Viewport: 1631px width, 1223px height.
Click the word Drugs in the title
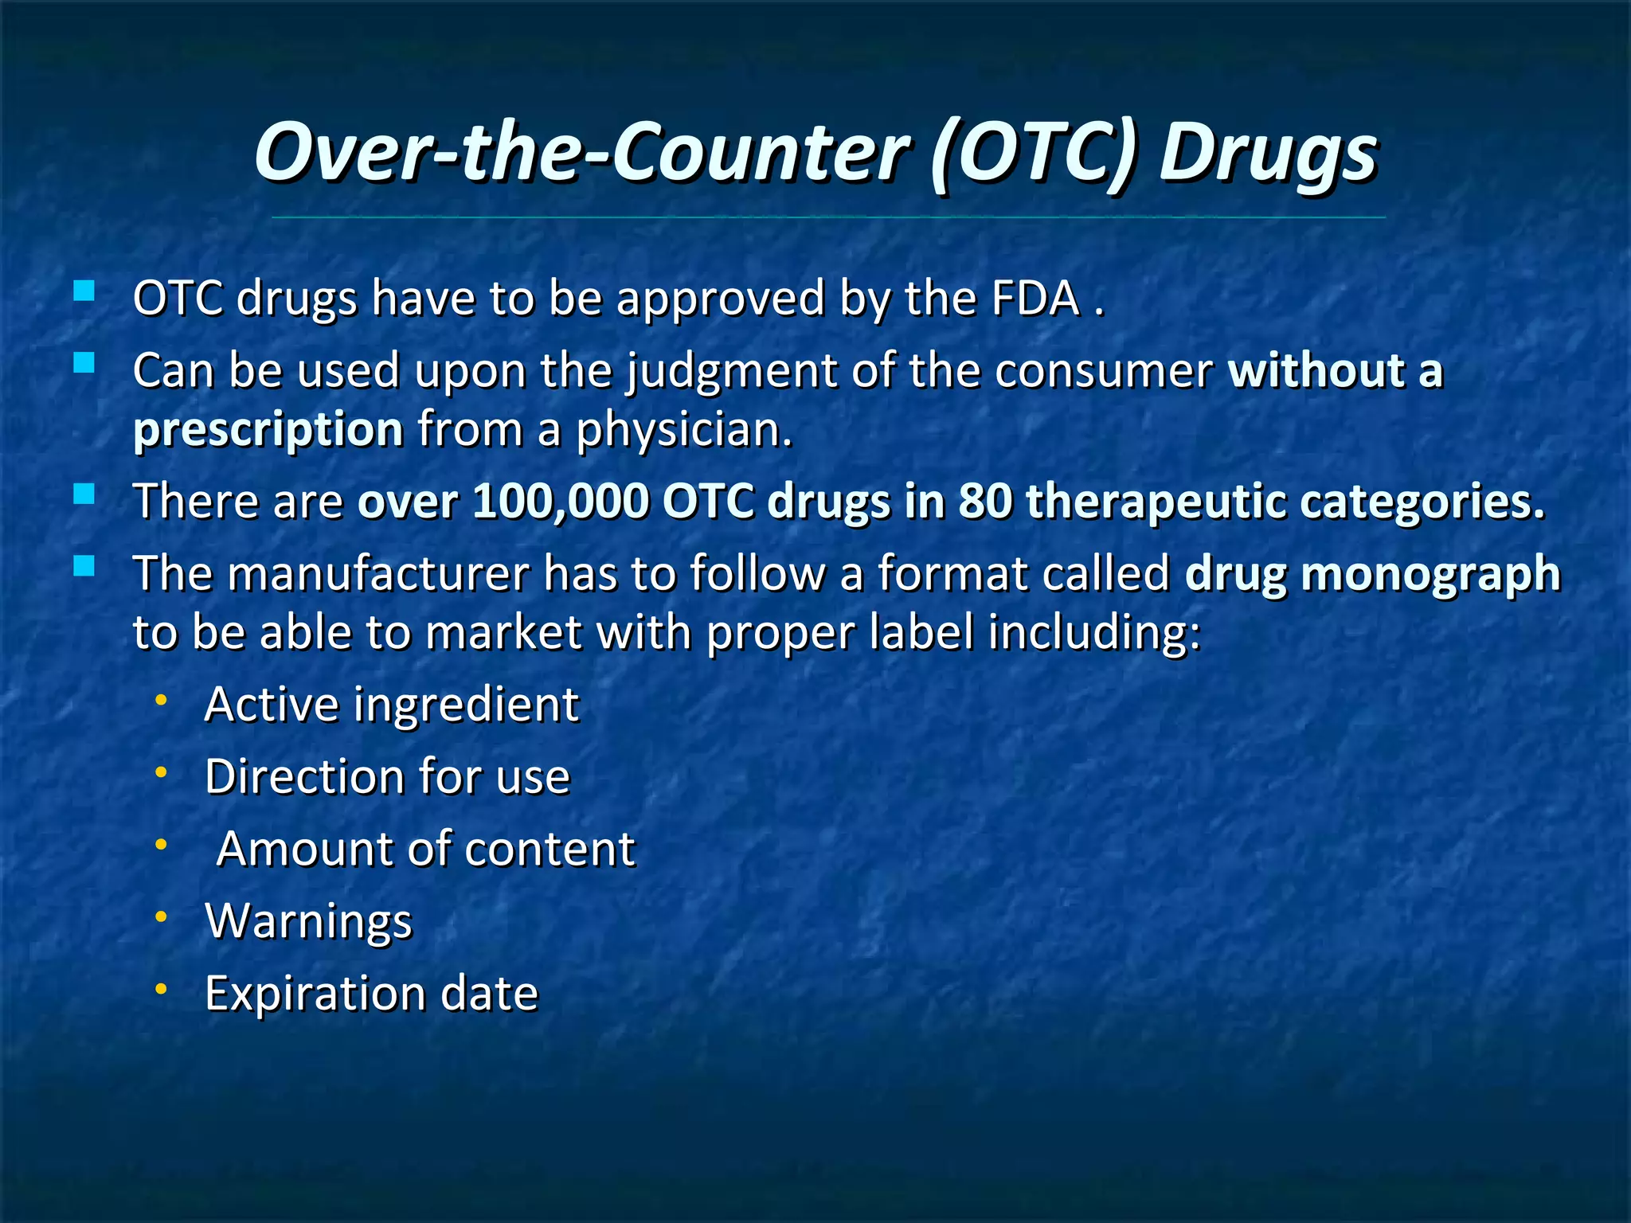point(1267,154)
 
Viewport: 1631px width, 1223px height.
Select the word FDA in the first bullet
point(1035,299)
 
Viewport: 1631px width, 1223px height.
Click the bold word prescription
point(268,431)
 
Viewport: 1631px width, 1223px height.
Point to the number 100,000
point(561,502)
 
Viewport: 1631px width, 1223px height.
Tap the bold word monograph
point(1430,575)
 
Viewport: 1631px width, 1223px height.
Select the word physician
point(683,431)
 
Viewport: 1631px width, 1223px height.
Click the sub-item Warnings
point(309,921)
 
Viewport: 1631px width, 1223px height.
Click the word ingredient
point(466,705)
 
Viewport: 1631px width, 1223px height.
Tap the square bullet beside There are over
point(84,494)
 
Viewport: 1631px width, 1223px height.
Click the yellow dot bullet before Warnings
point(161,917)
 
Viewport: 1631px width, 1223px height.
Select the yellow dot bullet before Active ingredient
point(161,701)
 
